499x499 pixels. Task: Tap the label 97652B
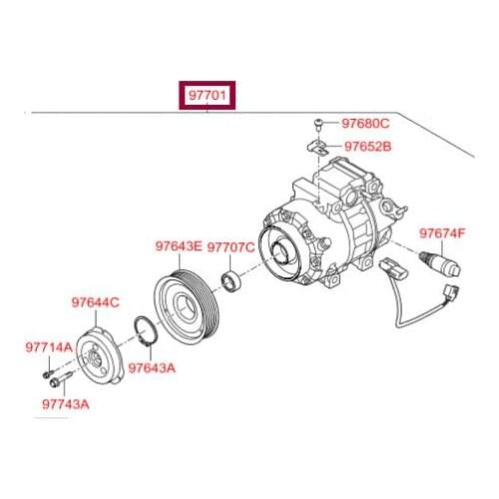coord(368,146)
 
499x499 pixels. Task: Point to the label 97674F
coord(442,234)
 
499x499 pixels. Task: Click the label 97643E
coord(179,245)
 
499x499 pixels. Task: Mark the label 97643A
coord(151,366)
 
